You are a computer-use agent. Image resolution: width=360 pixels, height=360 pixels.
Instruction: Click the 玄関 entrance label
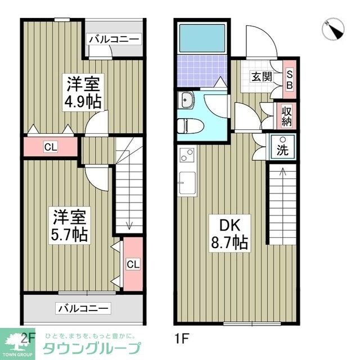(x=259, y=77)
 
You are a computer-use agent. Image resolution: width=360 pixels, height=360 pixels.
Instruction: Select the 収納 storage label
(x=286, y=115)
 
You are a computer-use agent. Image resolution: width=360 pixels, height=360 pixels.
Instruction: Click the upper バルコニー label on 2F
(x=114, y=39)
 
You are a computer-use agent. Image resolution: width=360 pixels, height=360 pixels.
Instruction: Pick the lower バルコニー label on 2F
(x=84, y=308)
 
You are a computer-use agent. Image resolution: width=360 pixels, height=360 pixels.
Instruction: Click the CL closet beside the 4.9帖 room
(x=51, y=147)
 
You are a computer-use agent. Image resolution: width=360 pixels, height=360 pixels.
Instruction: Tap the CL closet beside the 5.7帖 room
(x=133, y=264)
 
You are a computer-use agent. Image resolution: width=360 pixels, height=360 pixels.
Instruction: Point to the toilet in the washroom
(x=186, y=125)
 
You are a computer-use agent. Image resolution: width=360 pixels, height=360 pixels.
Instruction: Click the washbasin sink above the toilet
(x=186, y=101)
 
